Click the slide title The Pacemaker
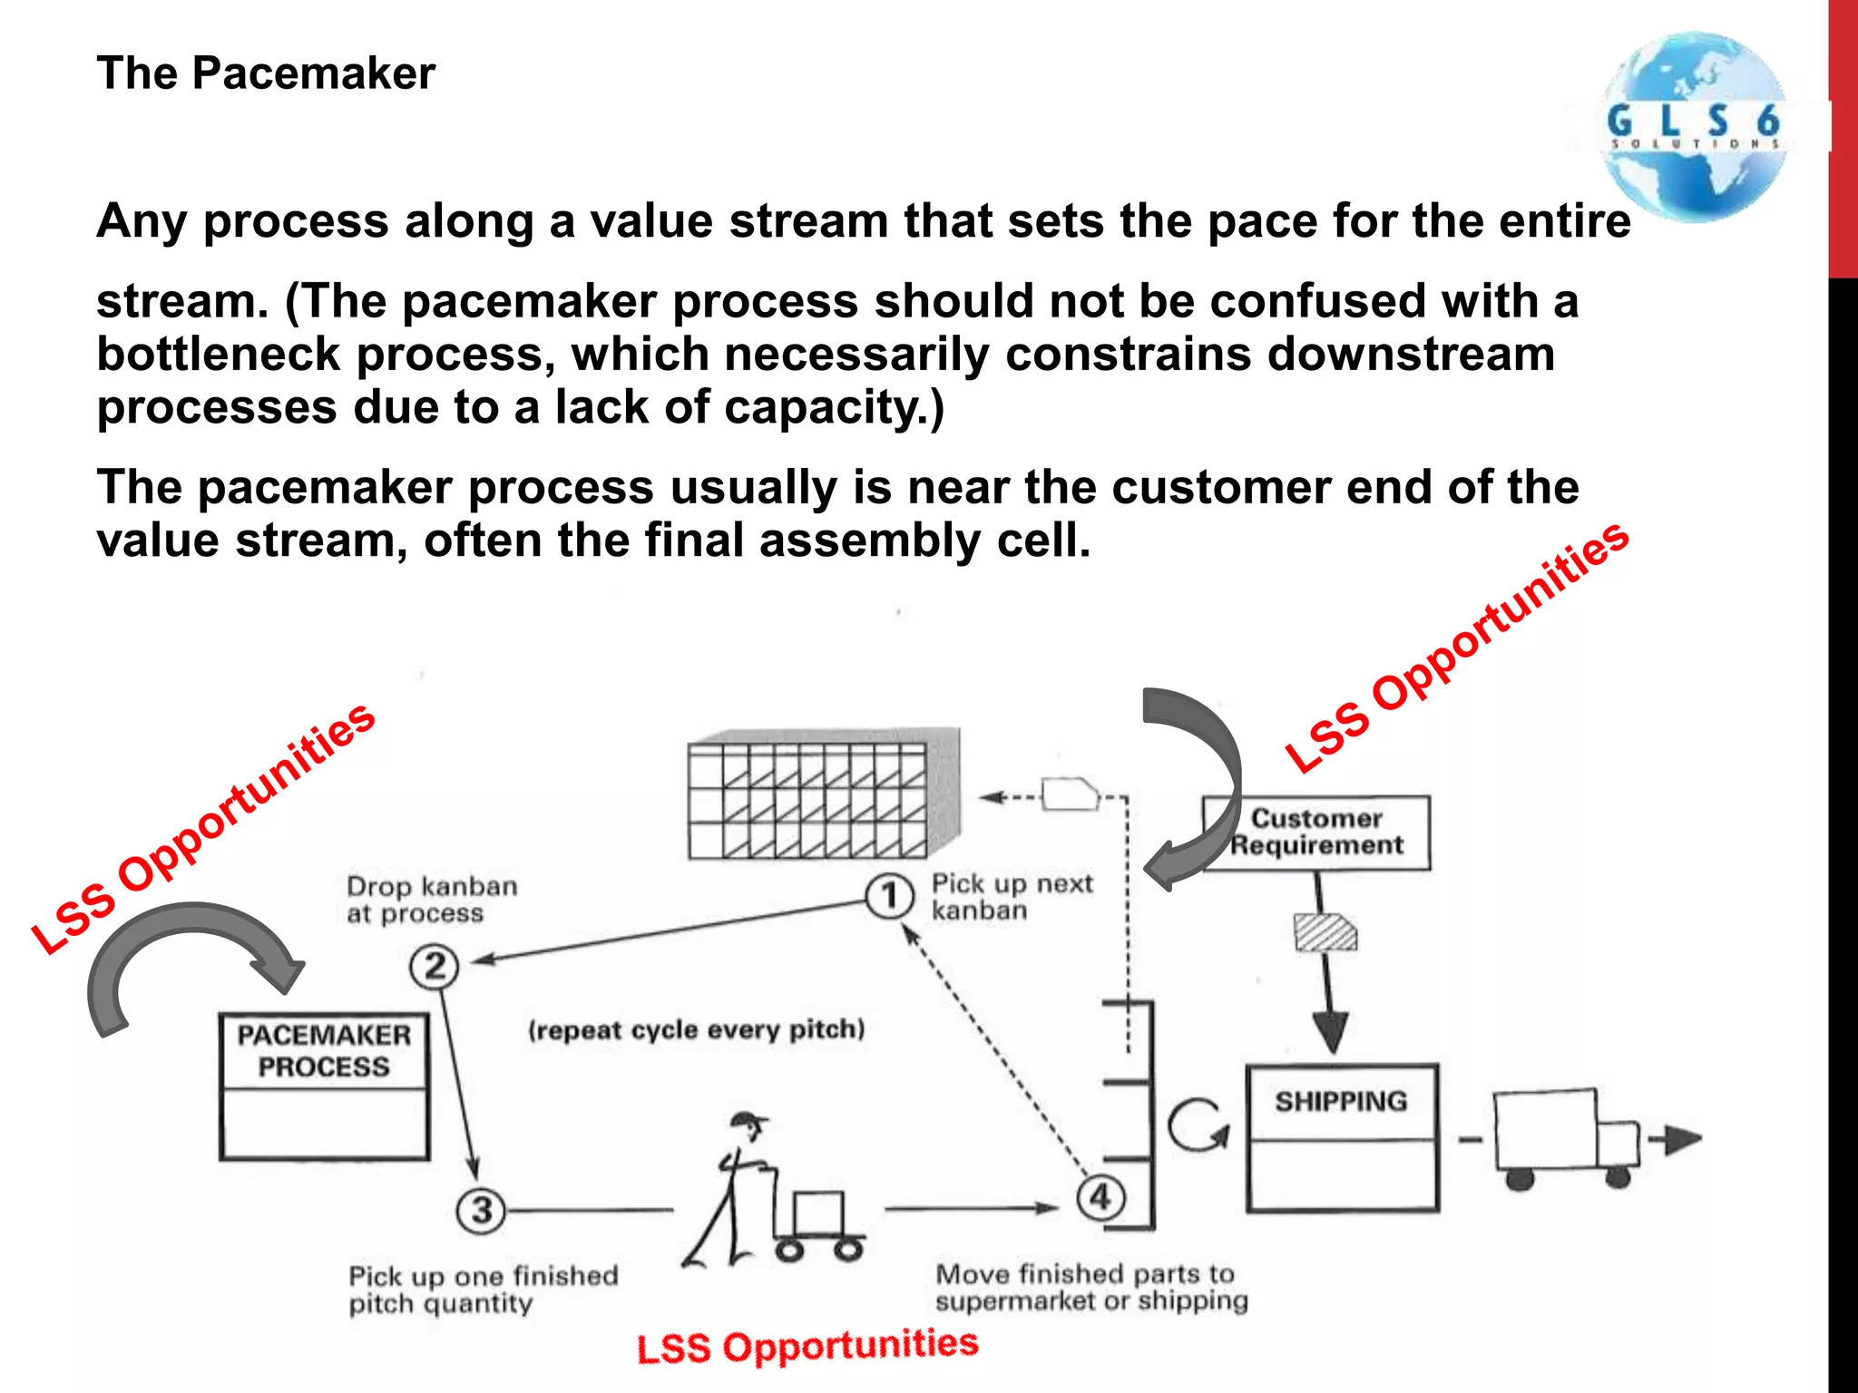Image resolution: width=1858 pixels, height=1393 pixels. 266,73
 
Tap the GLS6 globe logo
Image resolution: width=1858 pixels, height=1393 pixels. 1693,127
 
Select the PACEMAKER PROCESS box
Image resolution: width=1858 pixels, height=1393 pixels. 324,1086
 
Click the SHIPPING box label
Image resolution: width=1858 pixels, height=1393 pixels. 1341,1102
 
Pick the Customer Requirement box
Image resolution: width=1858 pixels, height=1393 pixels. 1316,833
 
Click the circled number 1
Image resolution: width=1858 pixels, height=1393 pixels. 889,896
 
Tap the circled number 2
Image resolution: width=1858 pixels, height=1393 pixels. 435,967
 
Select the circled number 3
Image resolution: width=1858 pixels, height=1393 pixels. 481,1210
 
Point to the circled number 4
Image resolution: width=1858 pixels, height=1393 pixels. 1100,1197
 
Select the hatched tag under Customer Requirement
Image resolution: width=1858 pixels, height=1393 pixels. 1325,932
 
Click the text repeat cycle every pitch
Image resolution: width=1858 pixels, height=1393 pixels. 697,1030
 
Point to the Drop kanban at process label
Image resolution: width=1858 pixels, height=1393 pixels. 432,899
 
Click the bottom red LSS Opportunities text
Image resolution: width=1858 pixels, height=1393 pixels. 807,1346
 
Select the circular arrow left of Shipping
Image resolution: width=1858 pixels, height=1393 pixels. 1198,1125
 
